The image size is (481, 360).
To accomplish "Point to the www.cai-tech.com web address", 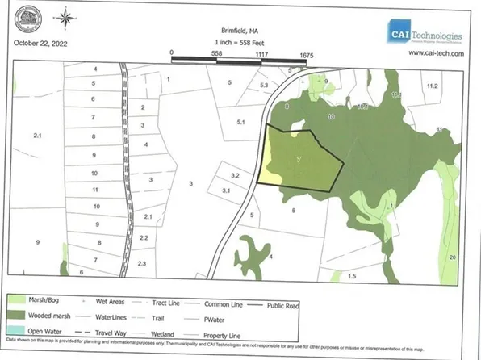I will [437, 53].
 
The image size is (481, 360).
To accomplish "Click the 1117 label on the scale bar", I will [261, 52].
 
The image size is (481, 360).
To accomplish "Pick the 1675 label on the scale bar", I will [305, 52].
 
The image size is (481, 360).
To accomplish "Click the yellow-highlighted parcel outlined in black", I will [300, 159].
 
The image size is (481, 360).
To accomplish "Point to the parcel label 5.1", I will [240, 123].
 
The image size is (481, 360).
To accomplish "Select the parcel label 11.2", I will [432, 85].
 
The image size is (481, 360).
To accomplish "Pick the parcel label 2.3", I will [143, 264].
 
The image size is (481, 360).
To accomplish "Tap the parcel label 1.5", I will [351, 276].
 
